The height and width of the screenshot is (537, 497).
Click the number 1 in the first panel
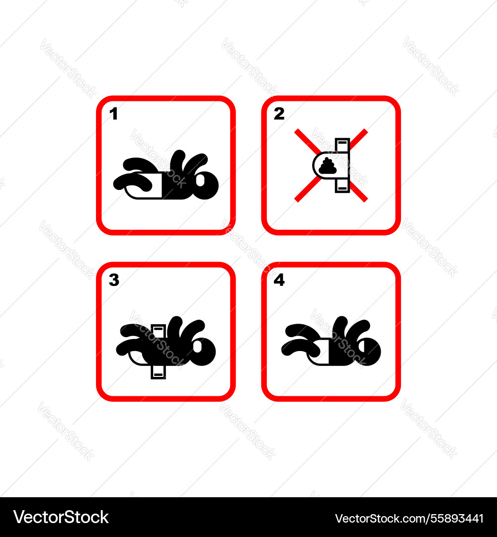[113, 114]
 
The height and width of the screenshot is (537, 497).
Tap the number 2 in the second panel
[279, 114]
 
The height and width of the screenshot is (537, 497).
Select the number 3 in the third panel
[114, 280]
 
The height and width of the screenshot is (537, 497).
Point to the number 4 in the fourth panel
[279, 280]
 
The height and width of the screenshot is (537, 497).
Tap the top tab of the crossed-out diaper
[342, 145]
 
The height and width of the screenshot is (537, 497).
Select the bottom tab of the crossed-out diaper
[342, 186]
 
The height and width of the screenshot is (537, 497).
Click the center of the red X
[331, 166]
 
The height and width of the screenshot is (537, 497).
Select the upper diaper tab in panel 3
[158, 330]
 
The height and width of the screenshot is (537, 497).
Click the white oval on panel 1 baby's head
[200, 180]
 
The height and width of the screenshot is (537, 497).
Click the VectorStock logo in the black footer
[61, 517]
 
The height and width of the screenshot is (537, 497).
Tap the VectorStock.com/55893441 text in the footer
[409, 518]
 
